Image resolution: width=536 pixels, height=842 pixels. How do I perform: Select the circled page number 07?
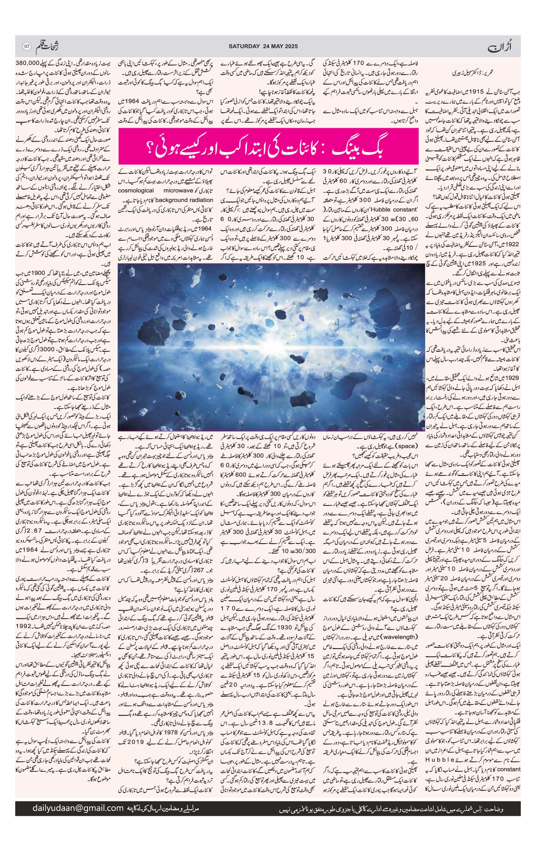click(26, 46)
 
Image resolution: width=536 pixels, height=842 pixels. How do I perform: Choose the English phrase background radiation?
click(184, 200)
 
